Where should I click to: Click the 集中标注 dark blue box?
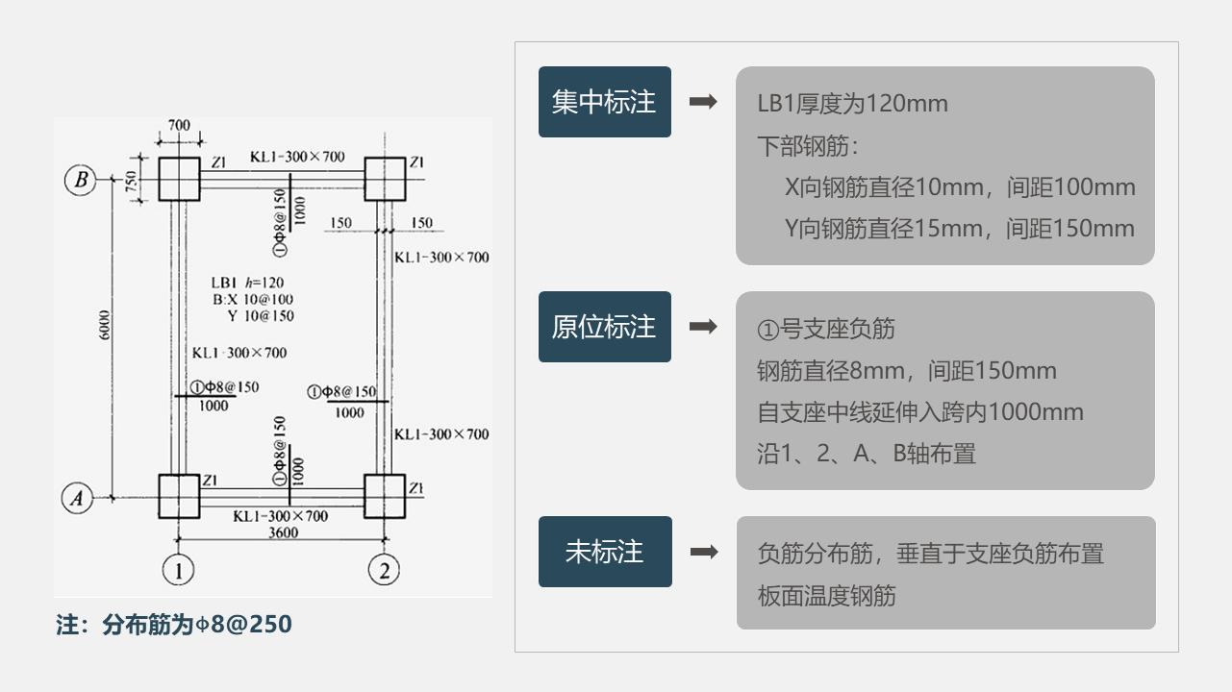coord(604,103)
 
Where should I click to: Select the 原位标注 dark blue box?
coord(604,327)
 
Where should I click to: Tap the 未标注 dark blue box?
coord(604,552)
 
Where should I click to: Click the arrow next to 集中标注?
coord(704,102)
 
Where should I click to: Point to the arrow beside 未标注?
coord(704,552)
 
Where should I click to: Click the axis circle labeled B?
coord(81,179)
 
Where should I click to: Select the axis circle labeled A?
coord(78,498)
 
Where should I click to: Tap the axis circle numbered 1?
coord(178,571)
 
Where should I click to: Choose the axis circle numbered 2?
coord(385,571)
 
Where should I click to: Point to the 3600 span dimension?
coord(281,533)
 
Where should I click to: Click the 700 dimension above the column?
coord(179,126)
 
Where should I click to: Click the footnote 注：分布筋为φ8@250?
coord(174,625)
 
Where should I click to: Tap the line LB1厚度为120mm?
coord(852,104)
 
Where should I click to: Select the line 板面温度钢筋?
coord(826,596)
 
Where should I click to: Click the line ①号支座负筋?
coord(826,330)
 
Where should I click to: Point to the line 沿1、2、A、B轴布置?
coord(866,454)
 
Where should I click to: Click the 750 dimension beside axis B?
coord(130,179)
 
